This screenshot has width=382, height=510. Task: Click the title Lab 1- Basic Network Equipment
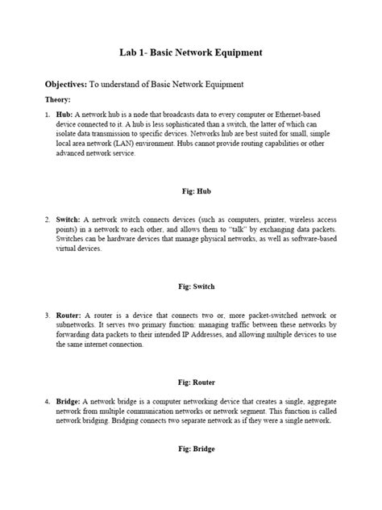coord(191,53)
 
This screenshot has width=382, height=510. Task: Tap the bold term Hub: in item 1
coord(64,116)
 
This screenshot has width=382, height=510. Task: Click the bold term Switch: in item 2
coord(69,219)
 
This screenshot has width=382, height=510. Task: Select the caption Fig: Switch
coord(191,286)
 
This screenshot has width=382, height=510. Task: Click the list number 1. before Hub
coord(47,116)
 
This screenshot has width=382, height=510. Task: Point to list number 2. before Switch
coord(47,219)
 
